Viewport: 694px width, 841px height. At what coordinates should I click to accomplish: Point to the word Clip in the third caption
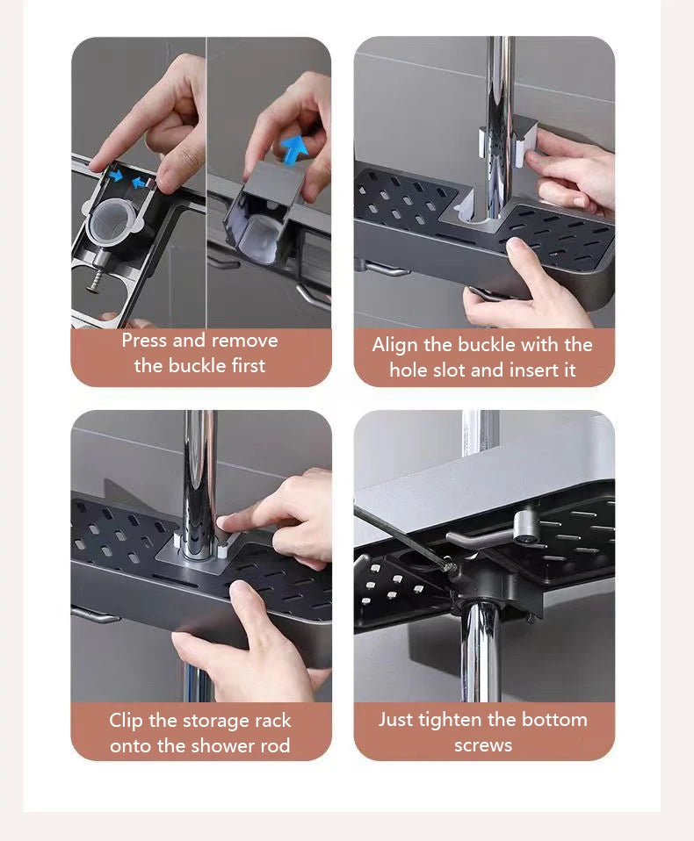(127, 721)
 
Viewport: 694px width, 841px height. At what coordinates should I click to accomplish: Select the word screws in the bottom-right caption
(483, 745)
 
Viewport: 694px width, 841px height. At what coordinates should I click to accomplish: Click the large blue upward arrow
(294, 148)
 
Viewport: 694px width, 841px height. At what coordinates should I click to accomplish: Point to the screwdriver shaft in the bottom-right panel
(400, 536)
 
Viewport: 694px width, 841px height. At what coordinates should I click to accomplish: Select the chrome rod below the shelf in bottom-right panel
(481, 650)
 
